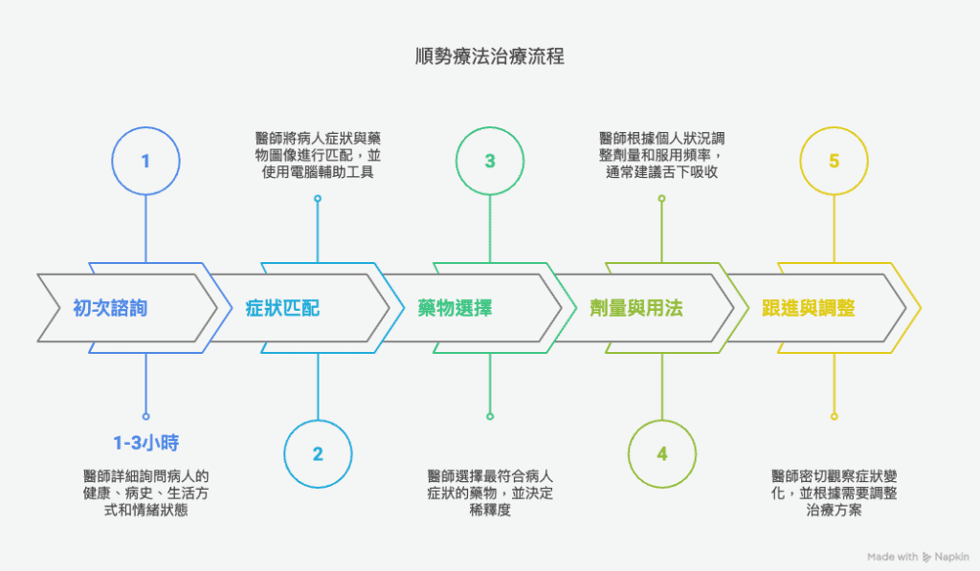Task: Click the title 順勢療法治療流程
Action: pyautogui.click(x=489, y=56)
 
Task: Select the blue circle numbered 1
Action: pyautogui.click(x=145, y=161)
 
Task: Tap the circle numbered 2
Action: pyautogui.click(x=318, y=453)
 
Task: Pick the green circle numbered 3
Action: pyautogui.click(x=490, y=161)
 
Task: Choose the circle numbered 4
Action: pyautogui.click(x=662, y=453)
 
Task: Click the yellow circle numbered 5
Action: pyautogui.click(x=835, y=161)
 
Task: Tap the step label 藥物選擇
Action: pyautogui.click(x=455, y=308)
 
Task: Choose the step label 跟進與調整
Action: pyautogui.click(x=808, y=308)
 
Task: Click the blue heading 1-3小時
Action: pyautogui.click(x=145, y=444)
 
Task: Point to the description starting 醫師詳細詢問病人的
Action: pyautogui.click(x=145, y=494)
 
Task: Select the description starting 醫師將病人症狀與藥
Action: pyautogui.click(x=318, y=155)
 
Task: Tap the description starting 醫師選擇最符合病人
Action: pyautogui.click(x=490, y=494)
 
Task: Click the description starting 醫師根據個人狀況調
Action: pyautogui.click(x=662, y=155)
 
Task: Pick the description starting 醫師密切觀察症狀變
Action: pyautogui.click(x=835, y=494)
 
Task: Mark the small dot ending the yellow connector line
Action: pyautogui.click(x=835, y=416)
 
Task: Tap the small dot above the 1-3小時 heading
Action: pyautogui.click(x=145, y=416)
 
